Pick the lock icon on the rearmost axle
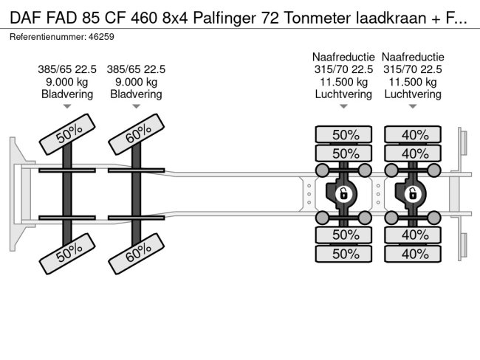(413, 194)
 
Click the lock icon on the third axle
(343, 194)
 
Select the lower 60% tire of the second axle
(137, 253)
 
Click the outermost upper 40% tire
(414, 134)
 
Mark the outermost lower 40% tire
(414, 254)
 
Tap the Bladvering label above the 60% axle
(137, 94)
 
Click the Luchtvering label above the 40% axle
(413, 94)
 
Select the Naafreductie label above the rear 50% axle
(343, 57)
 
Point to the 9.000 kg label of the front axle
(67, 82)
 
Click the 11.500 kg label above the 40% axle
(413, 82)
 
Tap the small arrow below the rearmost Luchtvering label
(413, 107)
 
